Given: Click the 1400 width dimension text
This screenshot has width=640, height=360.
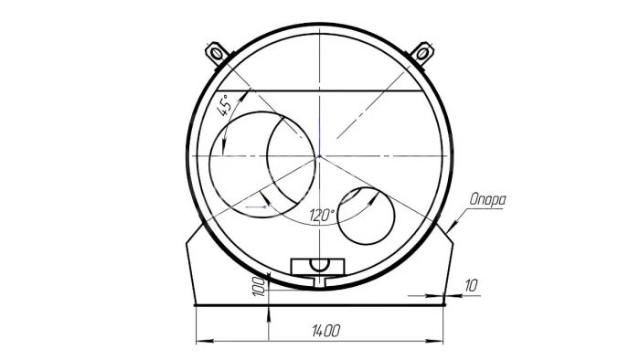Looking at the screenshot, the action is click(325, 331).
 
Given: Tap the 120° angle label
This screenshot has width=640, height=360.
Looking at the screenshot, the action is click(322, 215).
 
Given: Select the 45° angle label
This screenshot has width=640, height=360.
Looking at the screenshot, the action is click(225, 105).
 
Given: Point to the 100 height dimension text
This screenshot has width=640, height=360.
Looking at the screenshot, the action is click(259, 286).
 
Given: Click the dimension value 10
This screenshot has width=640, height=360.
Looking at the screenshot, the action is click(471, 285).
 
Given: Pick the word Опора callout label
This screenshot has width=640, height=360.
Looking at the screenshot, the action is click(487, 199).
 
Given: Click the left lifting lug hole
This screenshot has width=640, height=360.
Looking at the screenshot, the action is click(217, 53).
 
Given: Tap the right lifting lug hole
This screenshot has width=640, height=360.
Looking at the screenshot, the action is click(422, 53).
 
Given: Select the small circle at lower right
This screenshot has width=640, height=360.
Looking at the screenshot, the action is click(367, 216).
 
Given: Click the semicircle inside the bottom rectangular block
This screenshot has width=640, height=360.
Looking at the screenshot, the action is click(319, 265).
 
